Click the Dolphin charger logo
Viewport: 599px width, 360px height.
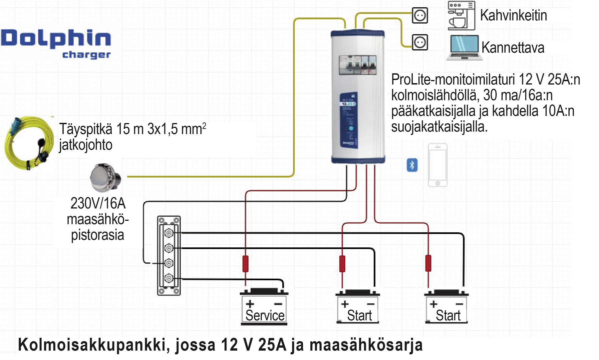(56, 43)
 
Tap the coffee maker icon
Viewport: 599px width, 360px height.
(461, 16)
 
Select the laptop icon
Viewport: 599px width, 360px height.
(464, 48)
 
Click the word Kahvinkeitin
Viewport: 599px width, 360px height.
(513, 16)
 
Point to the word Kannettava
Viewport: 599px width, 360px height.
(513, 48)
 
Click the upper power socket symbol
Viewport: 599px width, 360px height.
(420, 15)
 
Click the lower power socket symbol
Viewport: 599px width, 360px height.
(420, 42)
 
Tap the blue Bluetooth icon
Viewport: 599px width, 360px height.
(412, 165)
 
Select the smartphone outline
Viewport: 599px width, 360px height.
(438, 165)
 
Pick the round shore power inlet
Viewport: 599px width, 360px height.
(105, 177)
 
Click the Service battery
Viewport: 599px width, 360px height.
(264, 307)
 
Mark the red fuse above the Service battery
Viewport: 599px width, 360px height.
(245, 264)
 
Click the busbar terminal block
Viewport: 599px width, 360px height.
(169, 255)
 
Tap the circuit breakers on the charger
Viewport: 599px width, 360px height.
(358, 65)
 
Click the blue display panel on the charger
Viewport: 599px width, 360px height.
(349, 120)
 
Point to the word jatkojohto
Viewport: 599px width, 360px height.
(86, 145)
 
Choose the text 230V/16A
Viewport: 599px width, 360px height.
(98, 203)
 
